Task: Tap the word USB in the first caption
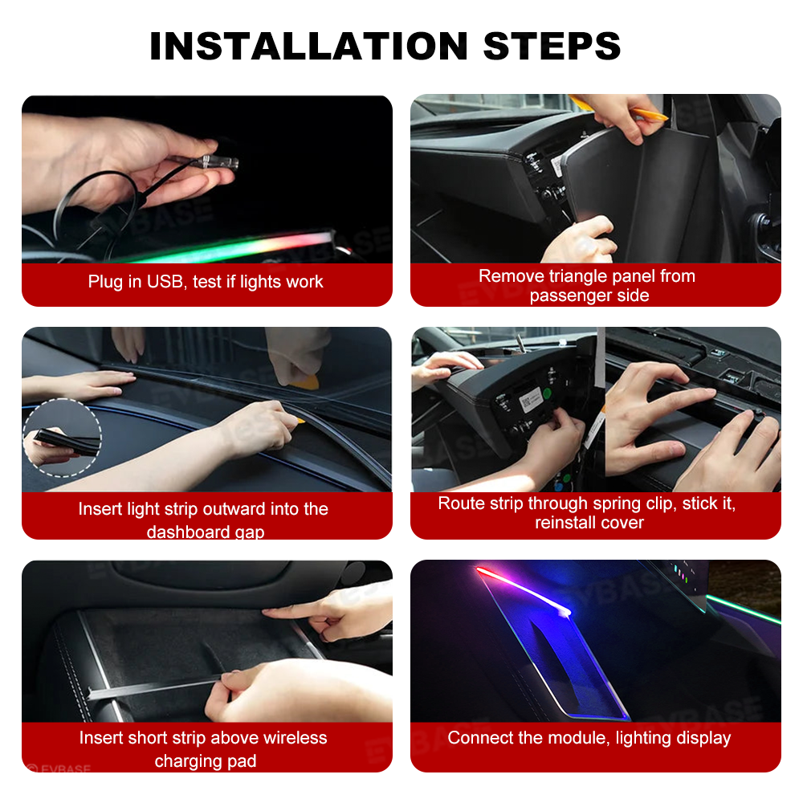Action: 165,282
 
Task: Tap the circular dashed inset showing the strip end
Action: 63,438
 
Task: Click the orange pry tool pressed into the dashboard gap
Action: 299,419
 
